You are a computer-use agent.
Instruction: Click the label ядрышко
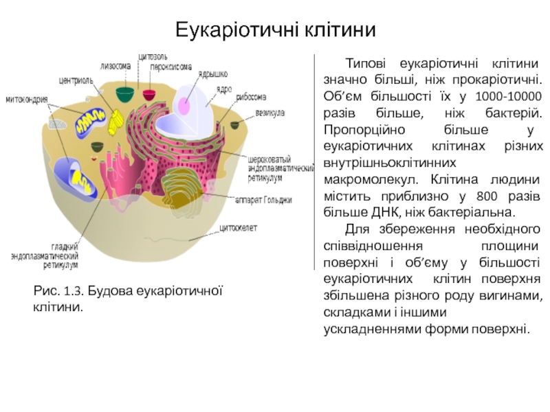214,74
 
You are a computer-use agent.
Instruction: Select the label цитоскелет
239,227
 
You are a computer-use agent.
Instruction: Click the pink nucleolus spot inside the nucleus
185,104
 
